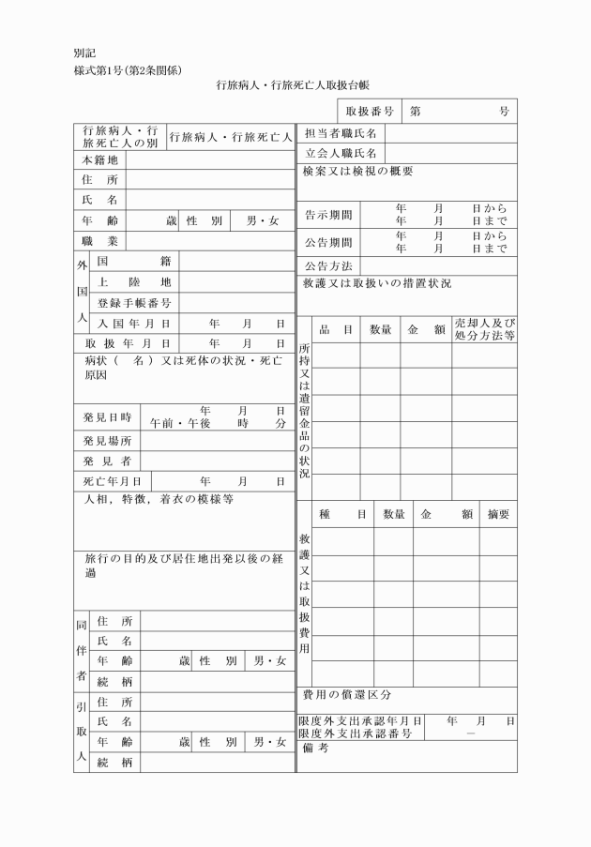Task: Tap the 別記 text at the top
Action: [84, 53]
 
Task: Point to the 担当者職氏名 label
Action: [341, 134]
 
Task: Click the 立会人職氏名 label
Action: [341, 153]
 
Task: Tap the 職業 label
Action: [99, 241]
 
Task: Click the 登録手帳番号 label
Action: [134, 303]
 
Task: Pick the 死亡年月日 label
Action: [113, 481]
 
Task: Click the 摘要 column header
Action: [498, 515]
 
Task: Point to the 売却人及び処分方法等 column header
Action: [484, 329]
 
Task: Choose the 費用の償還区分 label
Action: [346, 695]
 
